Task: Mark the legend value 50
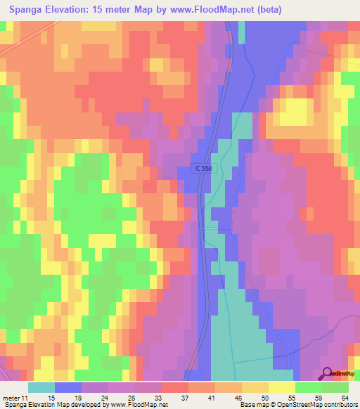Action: pos(264,397)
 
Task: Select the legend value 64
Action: pos(345,397)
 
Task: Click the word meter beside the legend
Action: pos(12,397)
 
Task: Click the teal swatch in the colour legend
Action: pos(41,387)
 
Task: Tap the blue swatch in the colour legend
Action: pos(68,387)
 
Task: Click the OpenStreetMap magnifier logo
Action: pos(328,374)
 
